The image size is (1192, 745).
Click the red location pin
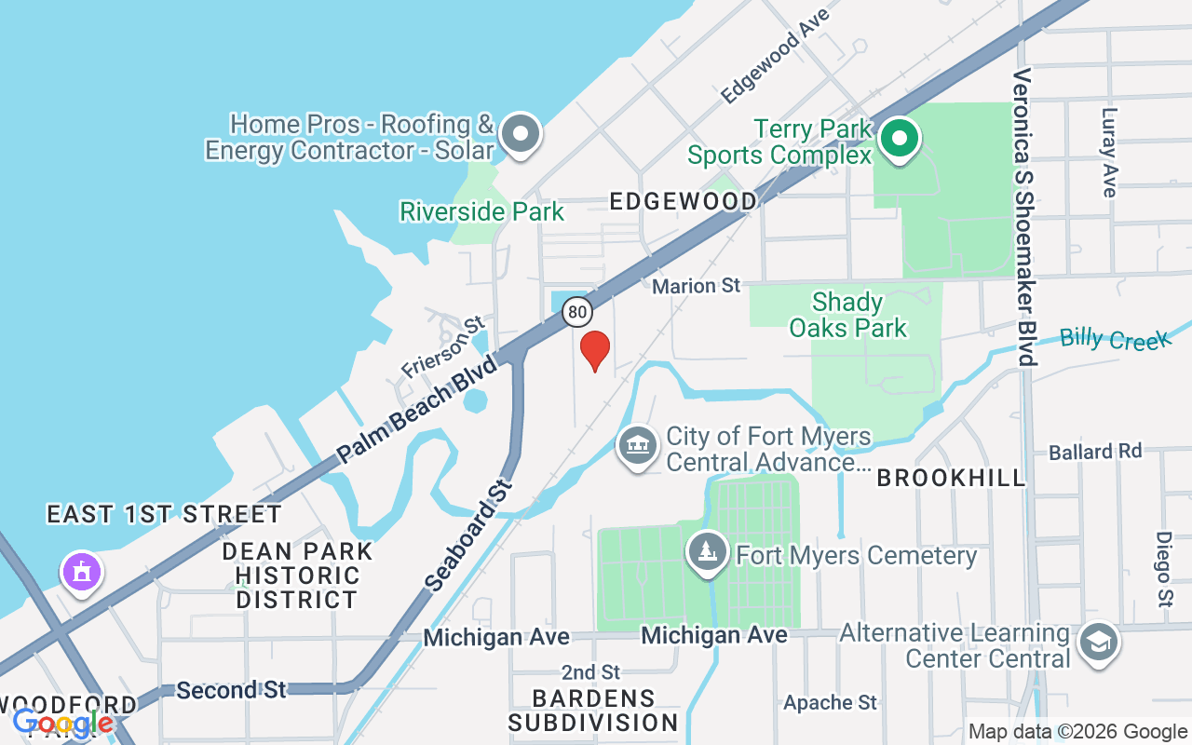(x=595, y=350)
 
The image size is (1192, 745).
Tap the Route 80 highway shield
(x=577, y=311)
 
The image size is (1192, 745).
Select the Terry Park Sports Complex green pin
(x=899, y=141)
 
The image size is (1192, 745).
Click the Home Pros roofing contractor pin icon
(x=521, y=135)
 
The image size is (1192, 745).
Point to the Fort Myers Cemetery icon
(x=708, y=553)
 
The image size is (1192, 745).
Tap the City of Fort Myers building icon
(x=638, y=447)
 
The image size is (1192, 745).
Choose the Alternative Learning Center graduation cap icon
(x=1099, y=643)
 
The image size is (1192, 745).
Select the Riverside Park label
(x=481, y=212)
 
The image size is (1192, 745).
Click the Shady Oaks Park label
(x=847, y=315)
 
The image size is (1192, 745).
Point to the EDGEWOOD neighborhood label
(x=683, y=201)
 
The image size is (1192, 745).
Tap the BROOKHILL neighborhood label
(x=951, y=479)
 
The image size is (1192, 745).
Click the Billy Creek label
(x=1115, y=338)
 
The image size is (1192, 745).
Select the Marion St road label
(x=696, y=286)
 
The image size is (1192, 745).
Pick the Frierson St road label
(x=443, y=347)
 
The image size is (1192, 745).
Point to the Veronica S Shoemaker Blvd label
(x=1023, y=216)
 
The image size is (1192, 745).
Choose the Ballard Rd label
(x=1095, y=453)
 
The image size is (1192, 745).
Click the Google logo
(x=63, y=723)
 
